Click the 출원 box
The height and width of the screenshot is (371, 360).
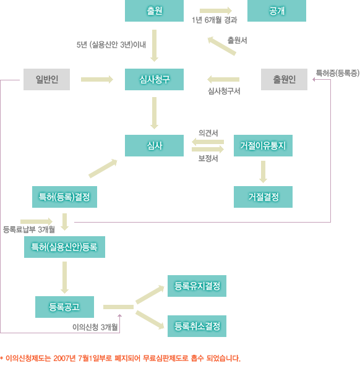(x=154, y=11)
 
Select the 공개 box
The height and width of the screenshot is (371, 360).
(x=276, y=11)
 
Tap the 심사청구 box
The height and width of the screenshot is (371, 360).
(x=154, y=79)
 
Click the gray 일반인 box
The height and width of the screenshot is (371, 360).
(x=46, y=79)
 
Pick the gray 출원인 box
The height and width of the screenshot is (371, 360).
(x=284, y=79)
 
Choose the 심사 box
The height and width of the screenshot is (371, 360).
(x=154, y=145)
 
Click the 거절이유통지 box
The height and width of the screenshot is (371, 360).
(x=263, y=145)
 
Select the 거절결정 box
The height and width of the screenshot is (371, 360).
(x=263, y=197)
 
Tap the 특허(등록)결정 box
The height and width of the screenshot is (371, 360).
(x=64, y=197)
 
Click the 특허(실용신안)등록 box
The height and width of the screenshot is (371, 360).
(x=64, y=247)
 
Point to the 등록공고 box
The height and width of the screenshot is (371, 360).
(x=64, y=307)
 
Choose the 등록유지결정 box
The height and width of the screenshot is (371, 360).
(x=197, y=286)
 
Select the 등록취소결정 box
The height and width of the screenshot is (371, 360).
(x=197, y=326)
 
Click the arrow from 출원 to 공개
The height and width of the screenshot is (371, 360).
(x=216, y=11)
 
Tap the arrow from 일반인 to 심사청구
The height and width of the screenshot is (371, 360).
(x=97, y=79)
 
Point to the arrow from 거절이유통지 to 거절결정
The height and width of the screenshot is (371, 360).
(x=263, y=172)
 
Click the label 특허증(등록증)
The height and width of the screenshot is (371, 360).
(x=338, y=73)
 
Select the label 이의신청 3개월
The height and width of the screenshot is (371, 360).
(x=95, y=327)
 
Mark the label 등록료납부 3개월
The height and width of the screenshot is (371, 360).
(x=29, y=229)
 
